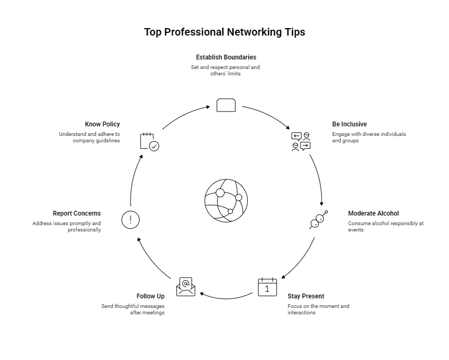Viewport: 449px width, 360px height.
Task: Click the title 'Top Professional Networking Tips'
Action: point(225,32)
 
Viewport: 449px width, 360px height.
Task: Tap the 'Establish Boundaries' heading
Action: point(226,57)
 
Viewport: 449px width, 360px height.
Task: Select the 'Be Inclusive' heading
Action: point(349,124)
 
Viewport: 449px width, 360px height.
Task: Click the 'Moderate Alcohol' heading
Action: point(373,213)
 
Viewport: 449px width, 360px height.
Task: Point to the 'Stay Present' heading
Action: point(306,296)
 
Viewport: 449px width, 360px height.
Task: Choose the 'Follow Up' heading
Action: point(150,296)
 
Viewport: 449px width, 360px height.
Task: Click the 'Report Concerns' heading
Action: point(76,213)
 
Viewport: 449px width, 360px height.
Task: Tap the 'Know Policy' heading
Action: point(102,124)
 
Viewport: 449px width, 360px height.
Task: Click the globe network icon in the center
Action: point(226,200)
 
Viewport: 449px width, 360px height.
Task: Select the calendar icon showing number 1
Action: point(267,287)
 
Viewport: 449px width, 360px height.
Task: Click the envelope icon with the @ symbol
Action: point(186,286)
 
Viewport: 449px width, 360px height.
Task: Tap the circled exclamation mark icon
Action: point(131,219)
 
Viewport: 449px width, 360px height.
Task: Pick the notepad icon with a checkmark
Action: point(149,142)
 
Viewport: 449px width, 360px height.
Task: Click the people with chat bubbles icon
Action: point(301,142)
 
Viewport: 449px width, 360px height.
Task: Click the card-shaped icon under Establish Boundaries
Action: point(226,105)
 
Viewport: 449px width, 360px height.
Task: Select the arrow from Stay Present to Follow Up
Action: point(227,296)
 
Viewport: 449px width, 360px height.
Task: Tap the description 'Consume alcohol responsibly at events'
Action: point(385,227)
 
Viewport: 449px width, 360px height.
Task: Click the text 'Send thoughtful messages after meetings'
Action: point(133,310)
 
